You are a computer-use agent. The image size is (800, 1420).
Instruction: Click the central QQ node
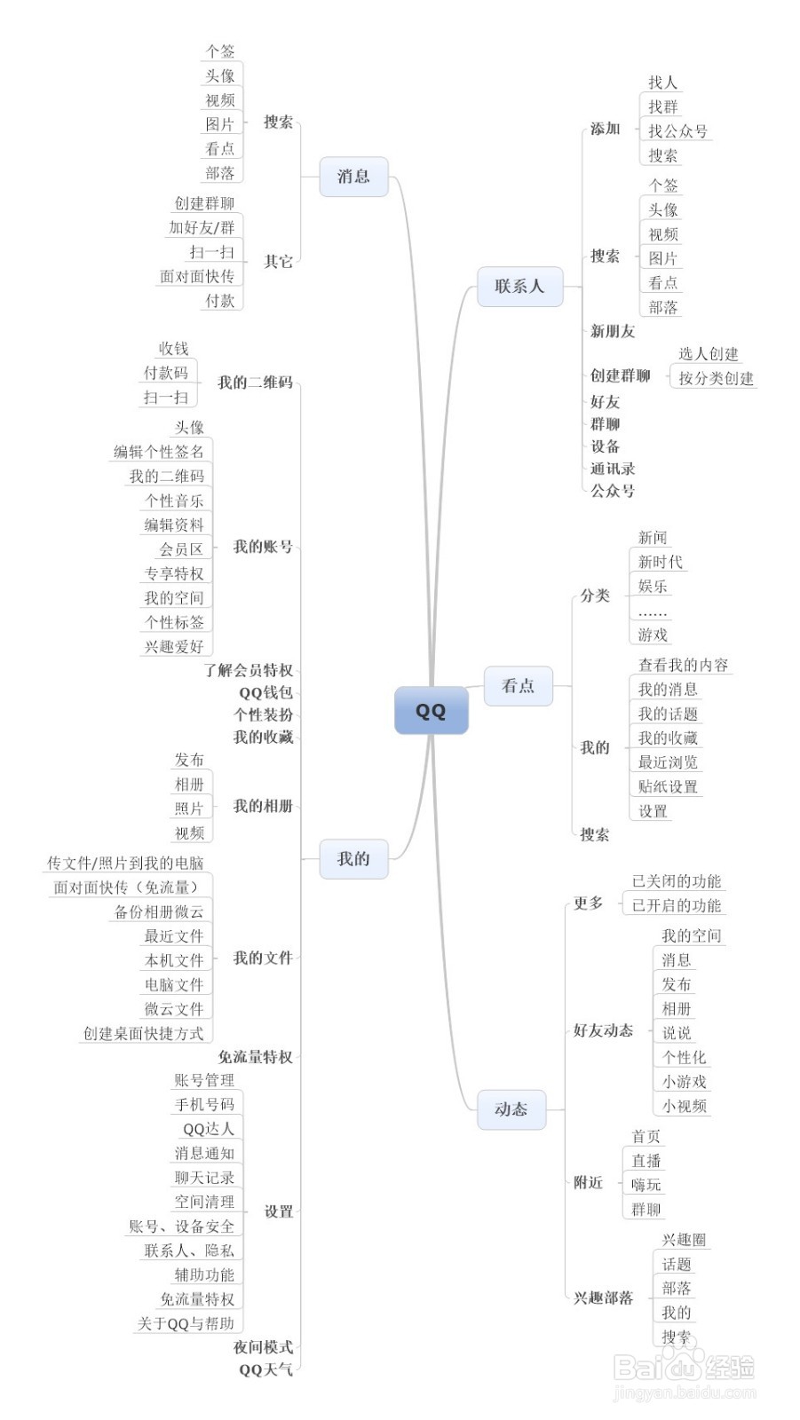[431, 711]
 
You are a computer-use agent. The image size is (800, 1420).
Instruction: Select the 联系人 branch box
[519, 286]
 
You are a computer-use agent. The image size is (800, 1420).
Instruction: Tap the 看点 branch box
[518, 685]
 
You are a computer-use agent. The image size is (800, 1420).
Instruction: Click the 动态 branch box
[511, 1108]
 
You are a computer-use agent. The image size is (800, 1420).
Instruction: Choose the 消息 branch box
[352, 176]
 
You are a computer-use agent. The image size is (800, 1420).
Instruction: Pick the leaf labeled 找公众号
[677, 131]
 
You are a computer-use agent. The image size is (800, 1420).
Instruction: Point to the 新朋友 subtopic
[613, 331]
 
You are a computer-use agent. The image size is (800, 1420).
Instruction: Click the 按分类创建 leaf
[716, 378]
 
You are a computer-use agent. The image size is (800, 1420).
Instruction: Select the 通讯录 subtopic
[613, 469]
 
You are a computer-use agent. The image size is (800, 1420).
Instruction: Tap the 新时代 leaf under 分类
[661, 562]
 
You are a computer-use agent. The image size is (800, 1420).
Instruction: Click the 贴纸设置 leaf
[668, 786]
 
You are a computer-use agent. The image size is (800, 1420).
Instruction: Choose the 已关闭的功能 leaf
[677, 881]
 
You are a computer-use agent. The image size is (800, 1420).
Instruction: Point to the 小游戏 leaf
[684, 1082]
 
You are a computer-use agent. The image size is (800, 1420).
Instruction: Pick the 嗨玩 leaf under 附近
[646, 1185]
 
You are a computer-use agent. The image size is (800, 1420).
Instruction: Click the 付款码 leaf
[166, 373]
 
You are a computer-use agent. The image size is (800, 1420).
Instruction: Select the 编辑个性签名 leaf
[159, 452]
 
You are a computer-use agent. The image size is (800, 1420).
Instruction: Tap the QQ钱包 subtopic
[265, 692]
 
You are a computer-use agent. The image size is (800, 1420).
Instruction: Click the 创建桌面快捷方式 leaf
[144, 1033]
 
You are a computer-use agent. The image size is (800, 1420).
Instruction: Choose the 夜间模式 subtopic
[263, 1347]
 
